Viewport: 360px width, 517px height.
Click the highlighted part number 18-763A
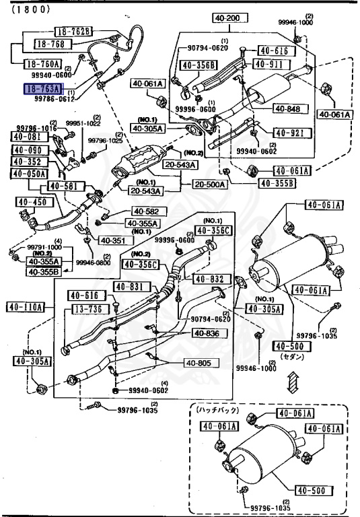[42, 88]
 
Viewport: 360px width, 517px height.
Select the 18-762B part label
[73, 32]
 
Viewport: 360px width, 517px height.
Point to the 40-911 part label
[271, 65]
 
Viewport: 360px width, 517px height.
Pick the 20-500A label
[210, 184]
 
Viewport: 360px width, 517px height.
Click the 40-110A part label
[25, 307]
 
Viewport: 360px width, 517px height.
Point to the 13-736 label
[85, 308]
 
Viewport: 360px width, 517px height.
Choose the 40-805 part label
[200, 364]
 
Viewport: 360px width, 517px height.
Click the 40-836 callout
[207, 333]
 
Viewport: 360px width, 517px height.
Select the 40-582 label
[145, 211]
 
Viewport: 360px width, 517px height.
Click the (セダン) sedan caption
[292, 356]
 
